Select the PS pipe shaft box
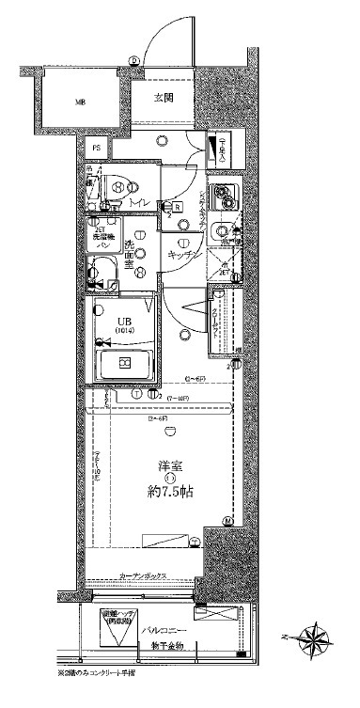95,147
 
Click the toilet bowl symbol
111,187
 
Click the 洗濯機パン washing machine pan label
103,239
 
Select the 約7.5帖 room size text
170,491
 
